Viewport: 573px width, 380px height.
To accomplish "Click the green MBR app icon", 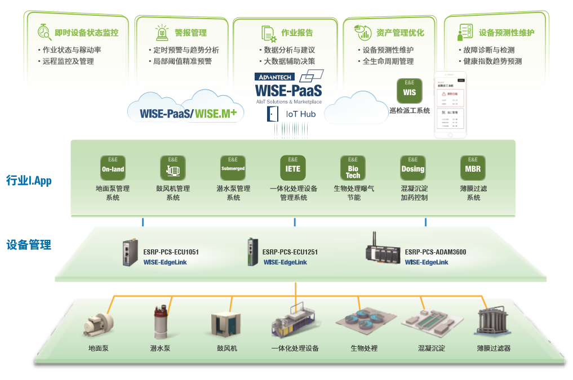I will [473, 167].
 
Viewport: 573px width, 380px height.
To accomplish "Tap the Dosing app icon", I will [413, 167].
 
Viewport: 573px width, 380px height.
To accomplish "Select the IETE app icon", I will [293, 167].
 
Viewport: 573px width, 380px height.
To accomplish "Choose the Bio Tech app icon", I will [353, 167].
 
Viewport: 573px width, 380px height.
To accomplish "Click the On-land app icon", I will [113, 167].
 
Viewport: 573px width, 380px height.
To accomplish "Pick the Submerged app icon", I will [233, 167].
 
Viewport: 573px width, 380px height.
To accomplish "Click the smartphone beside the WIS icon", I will [451, 105].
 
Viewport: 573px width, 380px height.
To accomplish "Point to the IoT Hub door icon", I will [273, 114].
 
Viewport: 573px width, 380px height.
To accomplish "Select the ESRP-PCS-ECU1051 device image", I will [130, 252].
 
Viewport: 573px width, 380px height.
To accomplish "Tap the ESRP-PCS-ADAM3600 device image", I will [384, 250].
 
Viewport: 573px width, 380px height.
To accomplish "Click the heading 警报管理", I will [190, 33].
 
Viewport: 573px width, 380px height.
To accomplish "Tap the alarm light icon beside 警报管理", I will [162, 32].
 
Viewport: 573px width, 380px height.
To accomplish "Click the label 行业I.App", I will [29, 181].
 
